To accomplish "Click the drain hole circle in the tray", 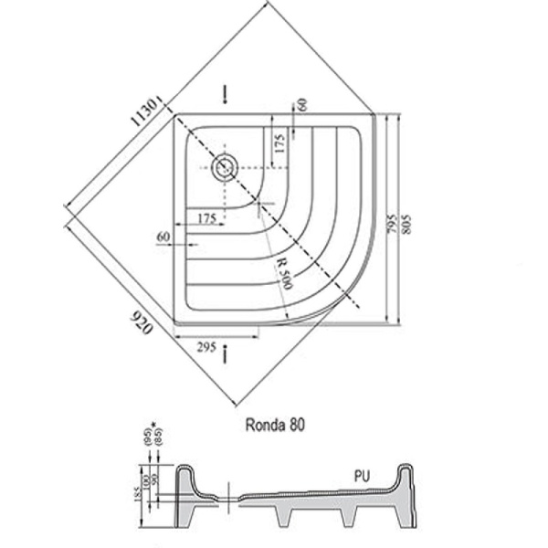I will pos(224,166).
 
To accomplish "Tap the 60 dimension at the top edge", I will pos(302,106).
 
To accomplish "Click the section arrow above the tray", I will pos(226,95).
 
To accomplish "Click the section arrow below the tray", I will pos(226,353).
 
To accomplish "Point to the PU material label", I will pos(364,477).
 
